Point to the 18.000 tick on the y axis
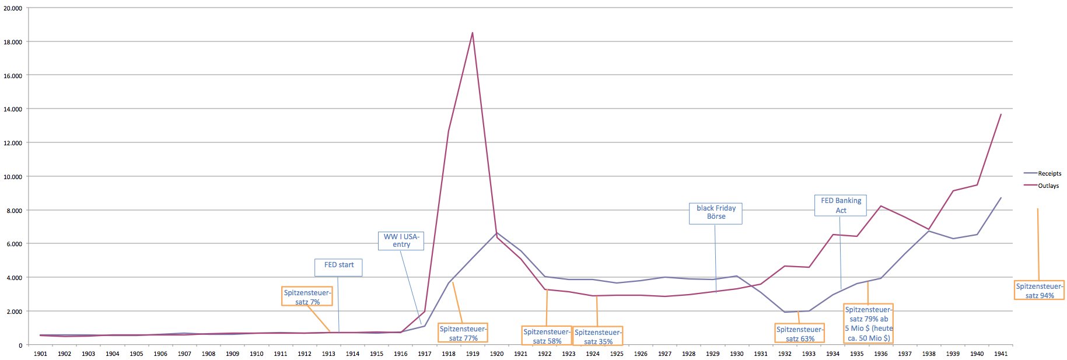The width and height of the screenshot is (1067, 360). click(x=13, y=42)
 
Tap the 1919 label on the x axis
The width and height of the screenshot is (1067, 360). click(x=473, y=354)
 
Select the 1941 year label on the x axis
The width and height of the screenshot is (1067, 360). click(x=1000, y=354)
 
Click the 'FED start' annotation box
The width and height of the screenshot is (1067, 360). click(x=339, y=267)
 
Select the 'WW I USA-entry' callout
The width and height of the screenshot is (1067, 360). click(x=401, y=240)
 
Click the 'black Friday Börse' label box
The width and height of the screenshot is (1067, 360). click(x=716, y=213)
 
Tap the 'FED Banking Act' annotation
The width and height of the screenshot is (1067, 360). click(x=841, y=205)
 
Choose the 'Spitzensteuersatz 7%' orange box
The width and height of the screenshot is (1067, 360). click(x=307, y=297)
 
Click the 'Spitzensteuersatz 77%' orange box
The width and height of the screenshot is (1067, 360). click(x=463, y=333)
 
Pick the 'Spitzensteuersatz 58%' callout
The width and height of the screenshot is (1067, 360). click(x=547, y=336)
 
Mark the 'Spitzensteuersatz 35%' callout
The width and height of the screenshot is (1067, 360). click(x=597, y=337)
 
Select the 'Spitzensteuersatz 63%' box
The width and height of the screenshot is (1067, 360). click(x=799, y=333)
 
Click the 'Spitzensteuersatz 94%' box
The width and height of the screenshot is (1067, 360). click(x=1040, y=291)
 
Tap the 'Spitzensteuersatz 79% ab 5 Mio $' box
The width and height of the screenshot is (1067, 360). click(x=868, y=324)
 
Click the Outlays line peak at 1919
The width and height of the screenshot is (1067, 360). click(x=473, y=33)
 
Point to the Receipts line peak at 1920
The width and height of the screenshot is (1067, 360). click(x=496, y=233)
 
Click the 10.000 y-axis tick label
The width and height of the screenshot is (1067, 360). click(x=13, y=177)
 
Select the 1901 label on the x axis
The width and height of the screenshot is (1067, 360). click(x=40, y=354)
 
